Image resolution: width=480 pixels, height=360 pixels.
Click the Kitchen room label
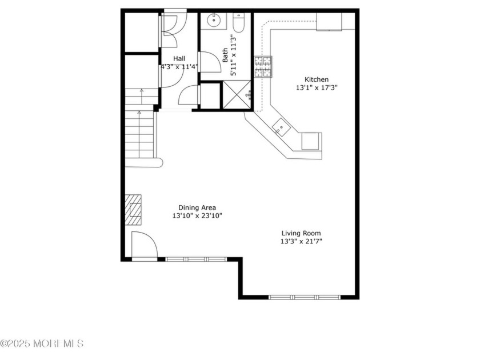click(x=316, y=79)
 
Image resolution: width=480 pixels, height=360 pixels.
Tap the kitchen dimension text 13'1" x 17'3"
click(x=316, y=88)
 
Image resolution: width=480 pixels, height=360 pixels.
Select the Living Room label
click(x=301, y=233)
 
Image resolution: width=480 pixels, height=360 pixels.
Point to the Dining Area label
click(x=197, y=207)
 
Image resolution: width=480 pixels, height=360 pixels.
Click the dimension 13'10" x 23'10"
click(x=197, y=216)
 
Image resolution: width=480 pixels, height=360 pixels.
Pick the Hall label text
click(x=179, y=58)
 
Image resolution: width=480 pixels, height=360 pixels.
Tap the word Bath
click(x=226, y=55)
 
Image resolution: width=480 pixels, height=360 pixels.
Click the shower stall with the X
click(x=237, y=95)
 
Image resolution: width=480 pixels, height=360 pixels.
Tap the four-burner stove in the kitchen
click(x=263, y=66)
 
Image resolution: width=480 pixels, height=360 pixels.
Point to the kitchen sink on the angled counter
click(x=281, y=127)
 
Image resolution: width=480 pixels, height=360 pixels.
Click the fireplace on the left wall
click(x=133, y=210)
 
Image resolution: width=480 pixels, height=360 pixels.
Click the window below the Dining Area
click(x=196, y=259)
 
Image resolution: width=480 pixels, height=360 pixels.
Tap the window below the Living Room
click(x=304, y=297)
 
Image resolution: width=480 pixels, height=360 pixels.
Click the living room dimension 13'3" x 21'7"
click(x=301, y=242)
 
